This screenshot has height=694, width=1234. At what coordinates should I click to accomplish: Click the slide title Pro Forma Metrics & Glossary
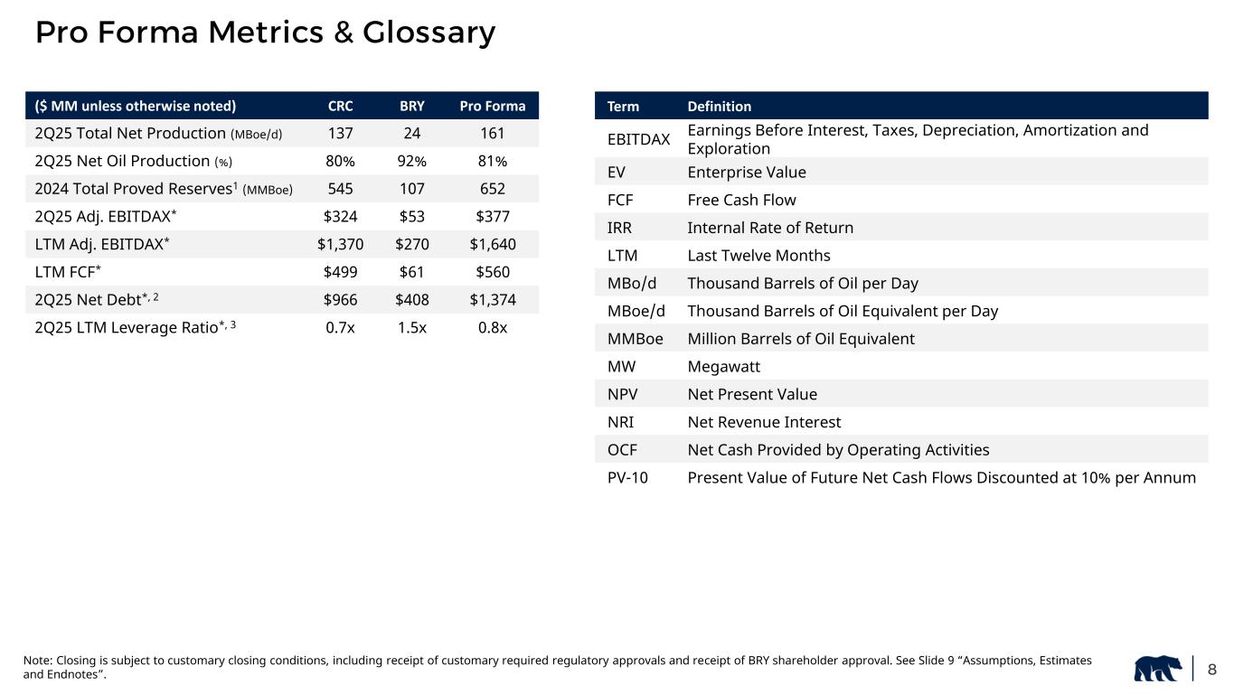click(x=265, y=33)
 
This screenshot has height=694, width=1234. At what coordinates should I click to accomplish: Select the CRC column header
click(x=340, y=106)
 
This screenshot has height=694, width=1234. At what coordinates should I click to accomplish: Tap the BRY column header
click(x=412, y=106)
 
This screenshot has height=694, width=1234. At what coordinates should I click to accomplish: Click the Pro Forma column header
click(x=492, y=106)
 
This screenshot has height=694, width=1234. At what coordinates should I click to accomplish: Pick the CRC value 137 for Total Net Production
click(x=340, y=134)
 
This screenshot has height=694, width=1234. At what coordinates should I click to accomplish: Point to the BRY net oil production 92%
click(x=412, y=162)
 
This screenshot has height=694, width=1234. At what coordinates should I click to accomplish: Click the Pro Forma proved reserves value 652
click(x=492, y=190)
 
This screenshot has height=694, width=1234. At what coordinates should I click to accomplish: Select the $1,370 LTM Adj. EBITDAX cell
click(x=340, y=245)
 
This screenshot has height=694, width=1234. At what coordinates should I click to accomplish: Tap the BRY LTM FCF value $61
click(x=412, y=272)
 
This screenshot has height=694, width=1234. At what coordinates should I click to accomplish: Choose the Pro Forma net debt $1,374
click(x=492, y=300)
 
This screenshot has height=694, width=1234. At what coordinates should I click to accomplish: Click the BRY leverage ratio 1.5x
click(x=412, y=328)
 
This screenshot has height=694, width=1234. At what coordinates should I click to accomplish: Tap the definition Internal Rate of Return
click(x=770, y=228)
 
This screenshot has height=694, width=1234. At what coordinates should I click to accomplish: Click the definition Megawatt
click(x=723, y=367)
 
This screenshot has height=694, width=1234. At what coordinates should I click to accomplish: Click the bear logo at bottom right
click(x=1158, y=669)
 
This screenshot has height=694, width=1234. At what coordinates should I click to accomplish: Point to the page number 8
click(x=1212, y=670)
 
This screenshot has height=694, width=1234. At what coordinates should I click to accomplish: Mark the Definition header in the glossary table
click(x=720, y=106)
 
